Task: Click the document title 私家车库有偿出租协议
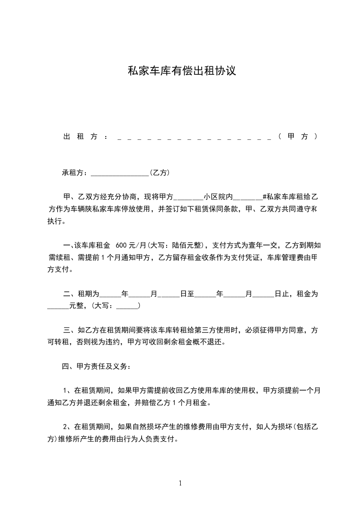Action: pyautogui.click(x=182, y=71)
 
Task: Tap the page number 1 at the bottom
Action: pyautogui.click(x=180, y=483)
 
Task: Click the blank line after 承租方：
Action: pyautogui.click(x=120, y=174)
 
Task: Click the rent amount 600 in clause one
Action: pyautogui.click(x=123, y=246)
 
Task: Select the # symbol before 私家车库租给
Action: pyautogui.click(x=264, y=197)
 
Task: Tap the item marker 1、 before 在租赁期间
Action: pyautogui.click(x=65, y=390)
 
